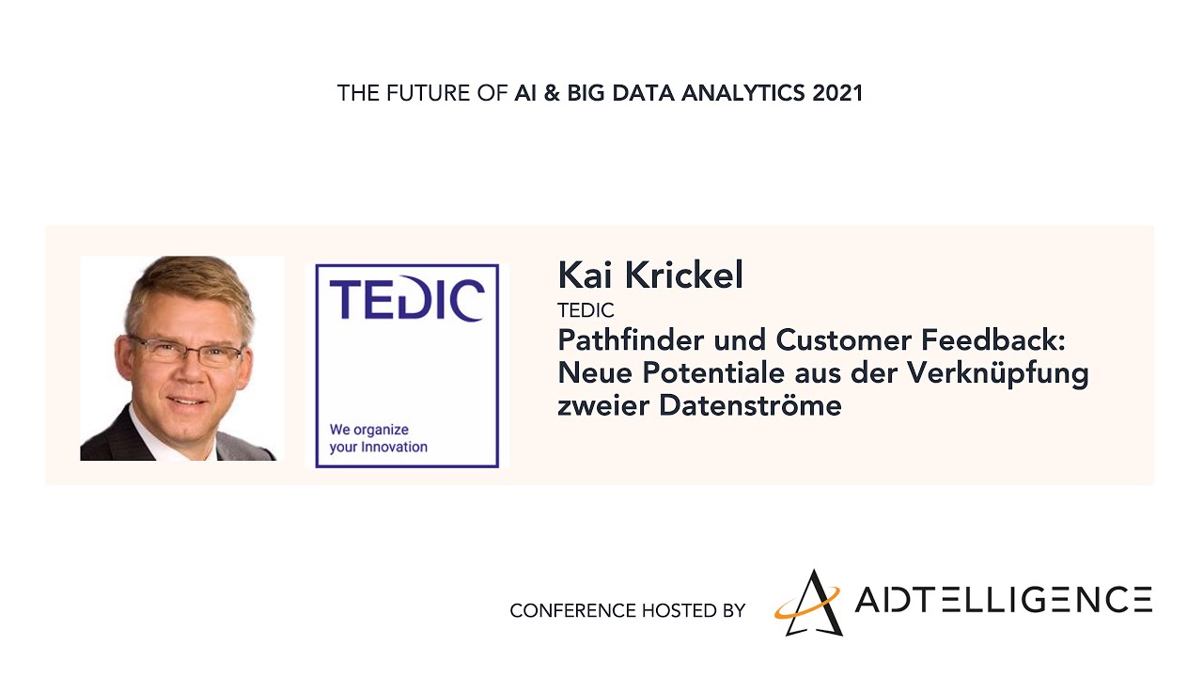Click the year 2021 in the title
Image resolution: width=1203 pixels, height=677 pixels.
[837, 93]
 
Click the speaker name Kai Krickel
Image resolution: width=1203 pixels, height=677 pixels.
[650, 275]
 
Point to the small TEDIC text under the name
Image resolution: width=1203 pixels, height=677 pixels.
[586, 310]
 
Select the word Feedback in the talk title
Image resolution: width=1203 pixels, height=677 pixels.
[993, 340]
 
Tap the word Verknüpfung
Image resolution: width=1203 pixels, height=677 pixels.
[998, 373]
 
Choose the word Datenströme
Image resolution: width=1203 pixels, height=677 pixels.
[750, 405]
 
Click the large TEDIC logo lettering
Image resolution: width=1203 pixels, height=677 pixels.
[407, 299]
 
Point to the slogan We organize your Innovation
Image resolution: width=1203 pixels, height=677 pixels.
[378, 438]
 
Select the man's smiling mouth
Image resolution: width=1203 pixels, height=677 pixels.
[186, 401]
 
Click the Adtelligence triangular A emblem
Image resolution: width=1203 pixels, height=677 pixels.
[808, 603]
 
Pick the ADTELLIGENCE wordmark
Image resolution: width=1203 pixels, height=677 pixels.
[1003, 599]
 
